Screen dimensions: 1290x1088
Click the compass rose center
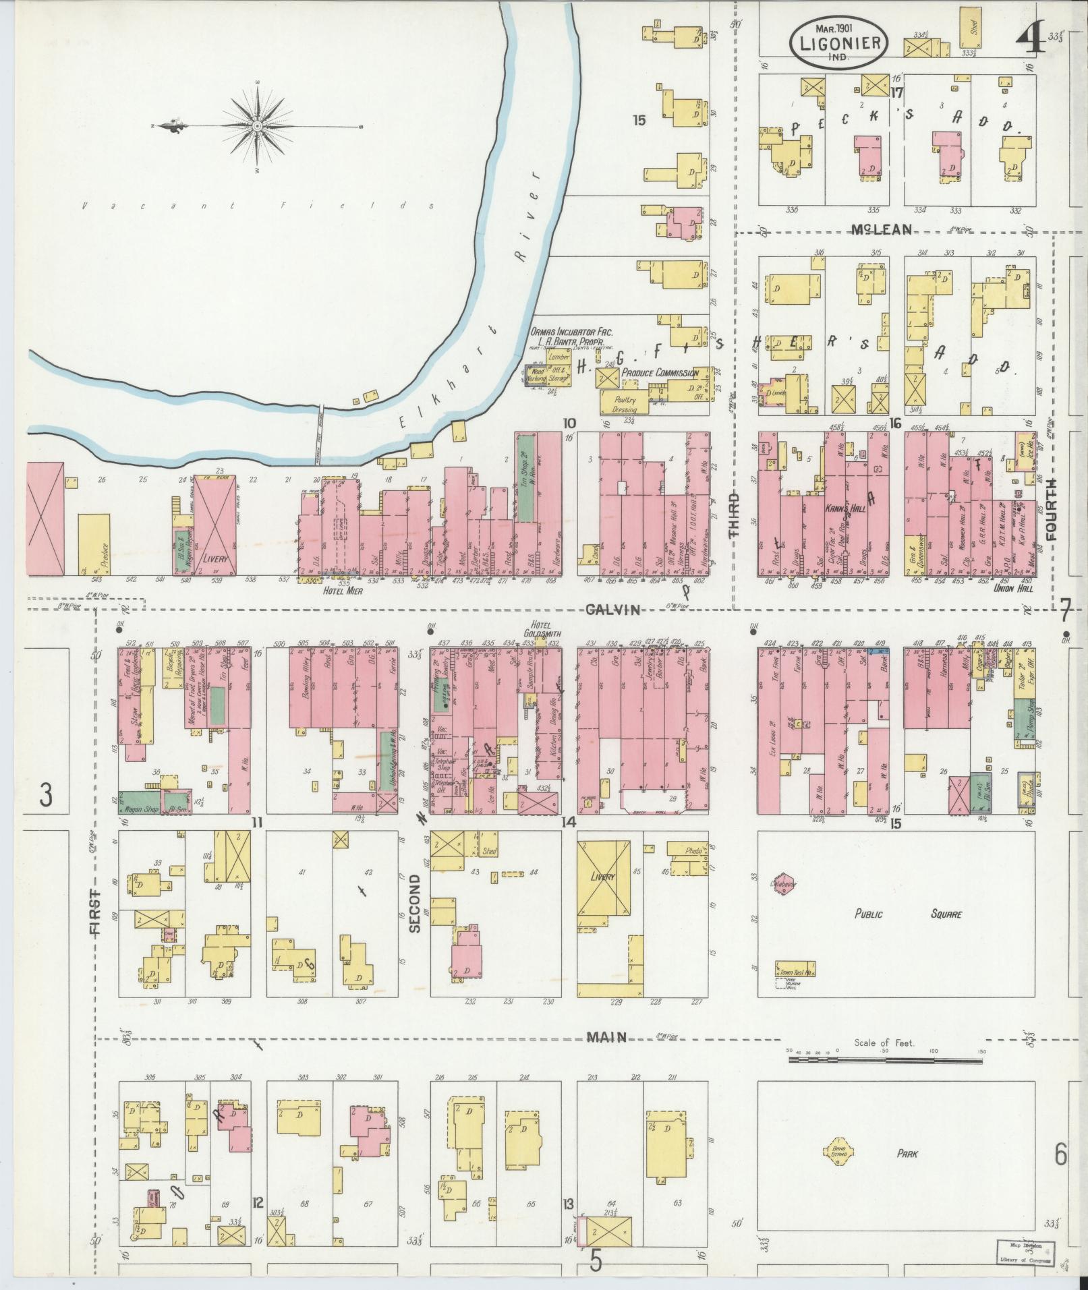pyautogui.click(x=258, y=126)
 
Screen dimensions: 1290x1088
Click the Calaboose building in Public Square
pyautogui.click(x=784, y=884)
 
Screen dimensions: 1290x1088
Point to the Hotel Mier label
pyautogui.click(x=340, y=590)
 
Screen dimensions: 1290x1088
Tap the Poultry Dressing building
pyautogui.click(x=624, y=404)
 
